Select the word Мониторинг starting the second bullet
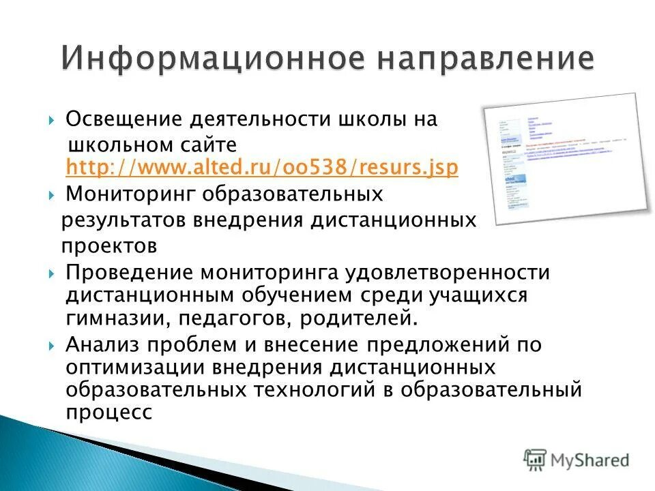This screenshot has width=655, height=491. coord(129,194)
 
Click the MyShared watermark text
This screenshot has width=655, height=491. coord(591,460)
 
